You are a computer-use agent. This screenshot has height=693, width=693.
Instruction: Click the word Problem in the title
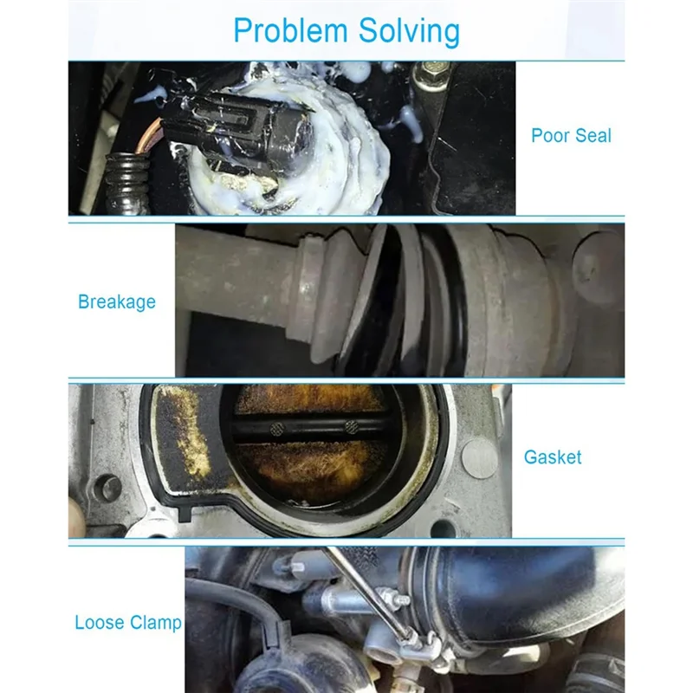(286, 32)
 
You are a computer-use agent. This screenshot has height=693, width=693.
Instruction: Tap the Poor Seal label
(571, 136)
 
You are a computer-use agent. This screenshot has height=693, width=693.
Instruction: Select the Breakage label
(117, 302)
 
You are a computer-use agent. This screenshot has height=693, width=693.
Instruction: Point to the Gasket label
(553, 457)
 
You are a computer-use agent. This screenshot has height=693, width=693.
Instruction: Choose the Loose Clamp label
(128, 623)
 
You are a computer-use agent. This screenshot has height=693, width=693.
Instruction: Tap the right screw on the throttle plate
(352, 427)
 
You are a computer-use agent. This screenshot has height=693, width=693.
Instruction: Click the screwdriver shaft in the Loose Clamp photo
(364, 589)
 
